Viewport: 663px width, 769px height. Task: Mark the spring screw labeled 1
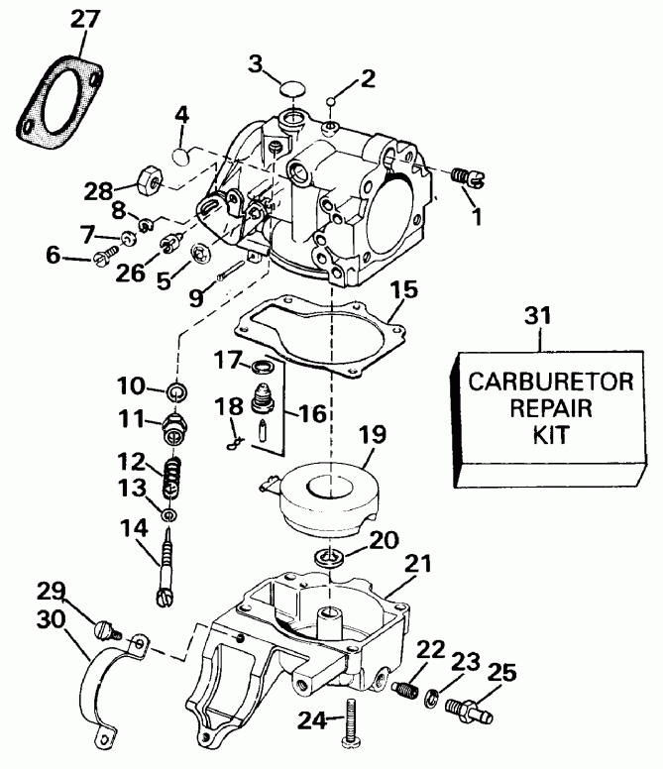point(466,176)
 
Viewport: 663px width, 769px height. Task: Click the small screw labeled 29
point(101,628)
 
